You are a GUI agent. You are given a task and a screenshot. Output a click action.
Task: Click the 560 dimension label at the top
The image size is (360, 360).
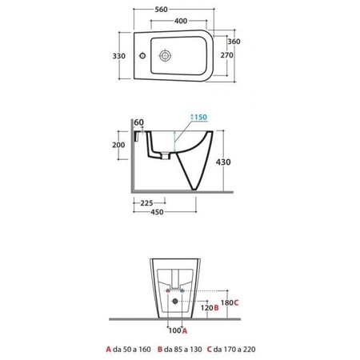(x=162, y=10)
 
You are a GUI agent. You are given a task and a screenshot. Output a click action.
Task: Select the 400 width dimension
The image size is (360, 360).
(x=181, y=21)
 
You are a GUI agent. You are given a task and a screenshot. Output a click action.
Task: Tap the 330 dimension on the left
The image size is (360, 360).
(x=119, y=56)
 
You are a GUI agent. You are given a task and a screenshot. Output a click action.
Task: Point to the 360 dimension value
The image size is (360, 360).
(x=234, y=42)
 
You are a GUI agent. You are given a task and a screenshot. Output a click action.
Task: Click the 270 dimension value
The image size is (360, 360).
(x=226, y=55)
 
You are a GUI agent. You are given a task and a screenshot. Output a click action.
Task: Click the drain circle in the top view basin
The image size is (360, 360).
(x=165, y=56)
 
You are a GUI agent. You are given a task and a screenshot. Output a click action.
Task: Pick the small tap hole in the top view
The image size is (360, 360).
(x=142, y=56)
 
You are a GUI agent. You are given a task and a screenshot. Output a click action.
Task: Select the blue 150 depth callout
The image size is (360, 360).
(x=198, y=117)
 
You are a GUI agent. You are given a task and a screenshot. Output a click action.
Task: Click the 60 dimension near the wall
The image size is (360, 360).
(x=138, y=122)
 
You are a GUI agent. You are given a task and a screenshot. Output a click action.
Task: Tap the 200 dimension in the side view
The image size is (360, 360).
(x=118, y=145)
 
